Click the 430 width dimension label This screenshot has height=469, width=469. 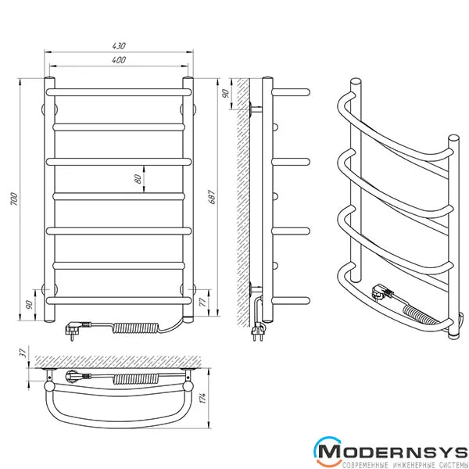[119, 46]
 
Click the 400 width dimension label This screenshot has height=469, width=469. [119, 60]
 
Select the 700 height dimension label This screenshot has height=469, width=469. [14, 199]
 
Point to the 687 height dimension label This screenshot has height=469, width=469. [212, 196]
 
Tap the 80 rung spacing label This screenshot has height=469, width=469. [138, 179]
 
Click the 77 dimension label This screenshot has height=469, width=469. [202, 303]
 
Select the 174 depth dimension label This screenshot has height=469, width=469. [202, 398]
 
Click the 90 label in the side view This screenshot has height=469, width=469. [226, 94]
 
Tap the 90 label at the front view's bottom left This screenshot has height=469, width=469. [29, 305]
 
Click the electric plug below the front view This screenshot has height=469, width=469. [77, 329]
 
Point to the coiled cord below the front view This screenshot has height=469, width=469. [135, 328]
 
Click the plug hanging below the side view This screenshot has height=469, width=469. [258, 333]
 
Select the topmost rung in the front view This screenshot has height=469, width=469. [119, 91]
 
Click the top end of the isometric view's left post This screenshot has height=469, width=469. [356, 82]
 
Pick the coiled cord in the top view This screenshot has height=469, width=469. [135, 379]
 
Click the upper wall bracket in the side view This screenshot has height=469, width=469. [255, 109]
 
